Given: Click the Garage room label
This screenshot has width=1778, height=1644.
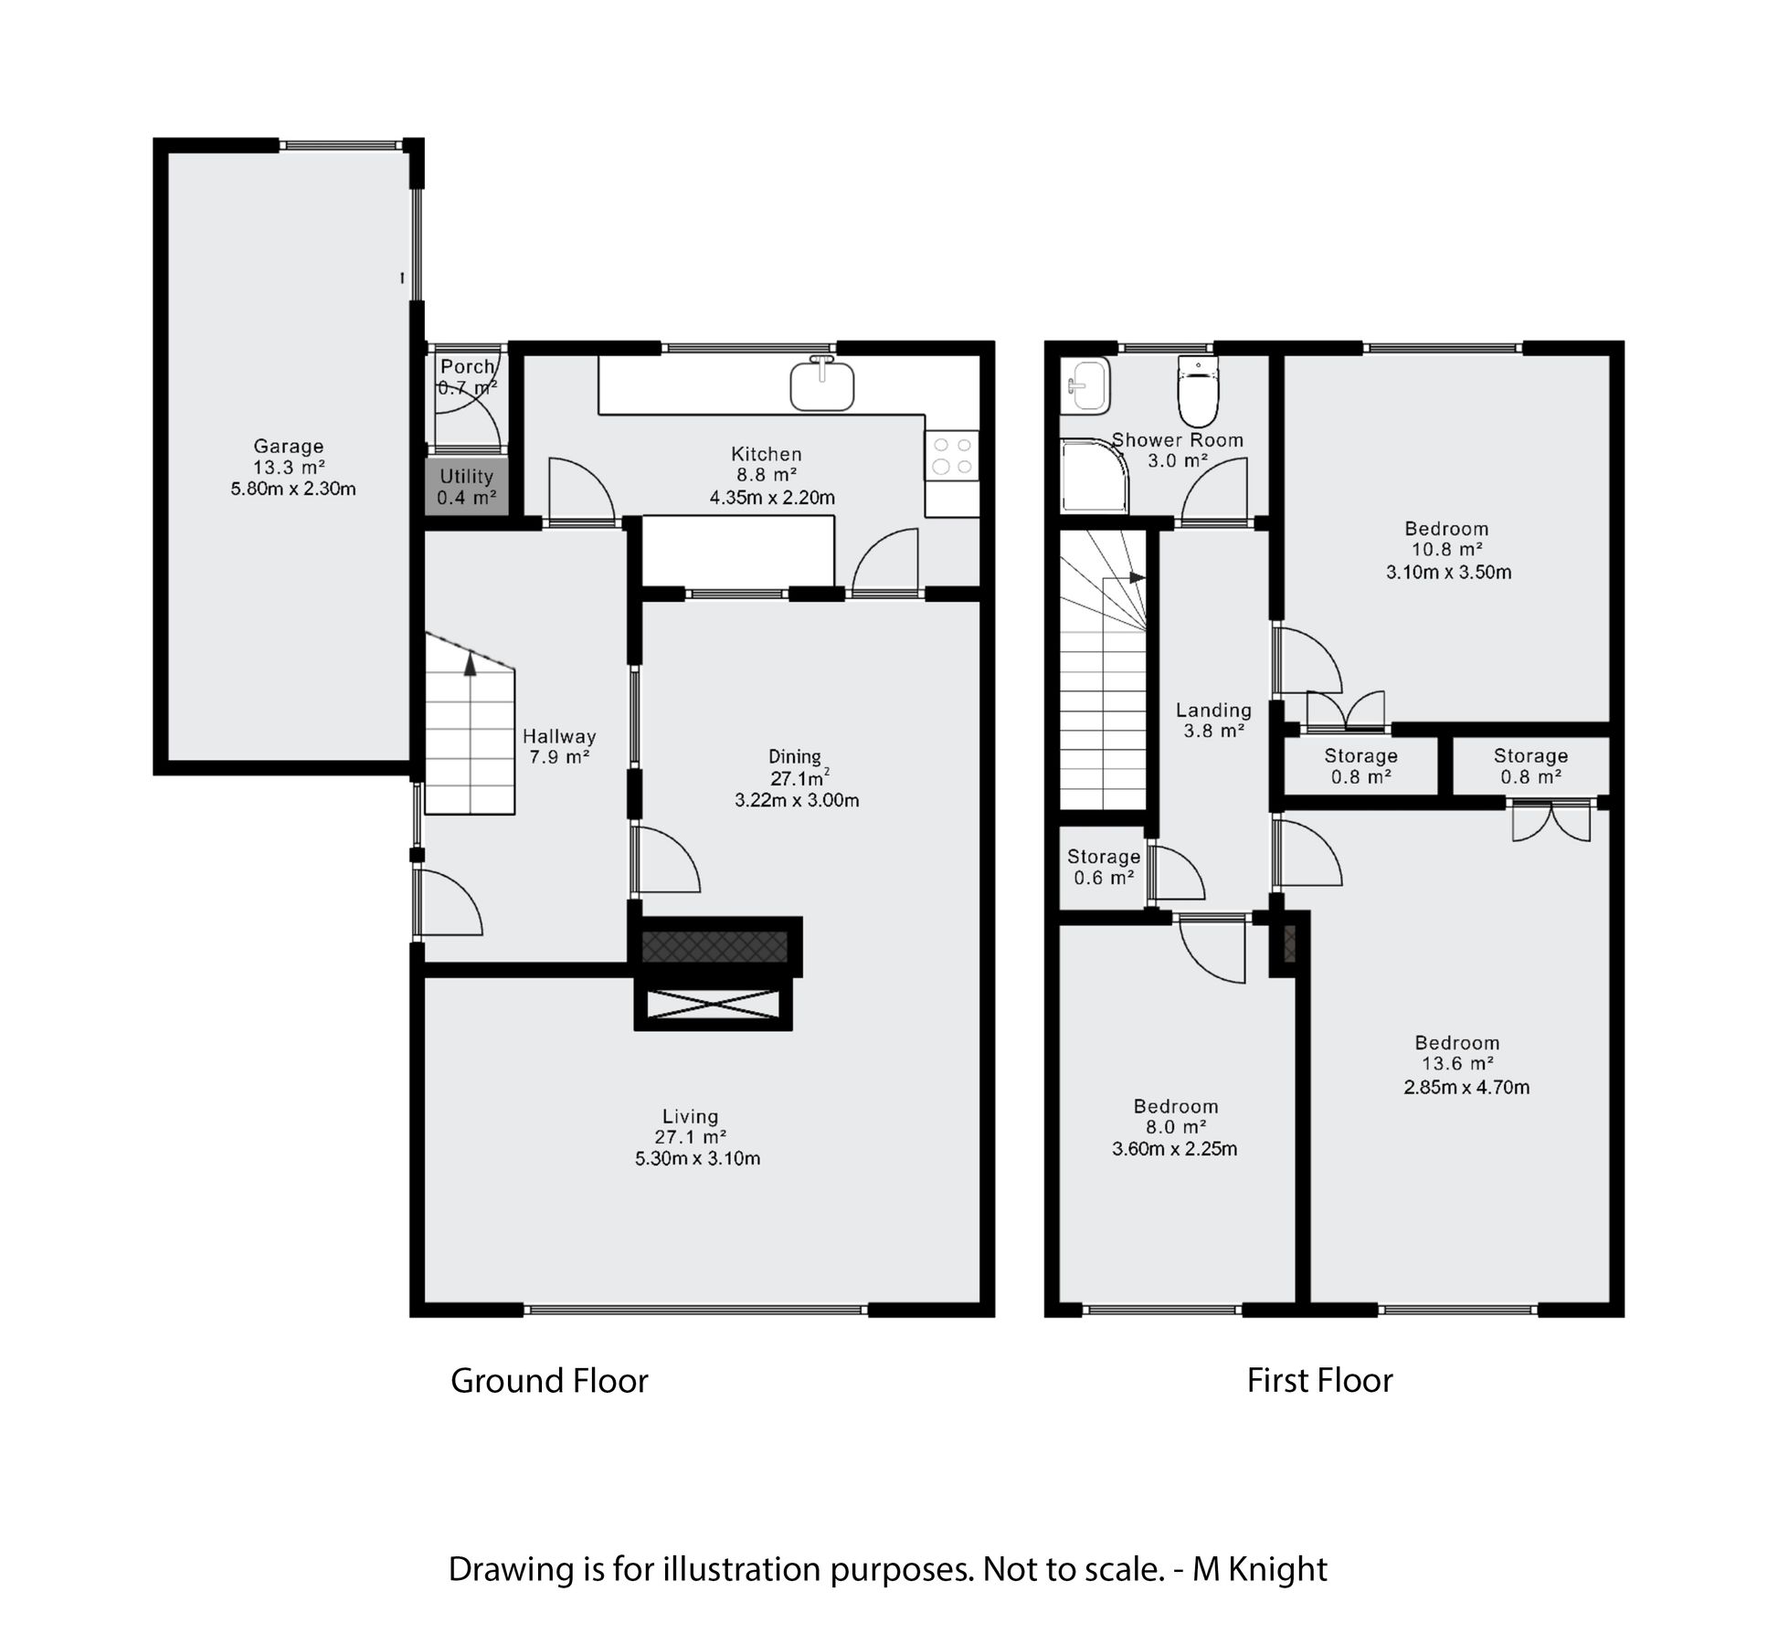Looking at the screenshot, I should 288,447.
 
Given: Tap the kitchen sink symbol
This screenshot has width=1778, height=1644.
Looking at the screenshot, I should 822,385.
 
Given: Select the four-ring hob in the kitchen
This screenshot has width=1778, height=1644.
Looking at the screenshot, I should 951,456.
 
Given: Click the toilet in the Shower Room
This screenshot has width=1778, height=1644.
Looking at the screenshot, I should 1199,391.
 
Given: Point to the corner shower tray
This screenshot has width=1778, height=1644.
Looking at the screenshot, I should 1092,475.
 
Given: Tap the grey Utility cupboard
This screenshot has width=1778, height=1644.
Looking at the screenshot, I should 466,488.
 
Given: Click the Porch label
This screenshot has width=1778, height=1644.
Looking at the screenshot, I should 467,366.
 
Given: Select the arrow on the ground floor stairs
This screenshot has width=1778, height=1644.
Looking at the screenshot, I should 470,665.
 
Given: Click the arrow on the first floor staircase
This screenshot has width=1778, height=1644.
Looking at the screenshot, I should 1136,577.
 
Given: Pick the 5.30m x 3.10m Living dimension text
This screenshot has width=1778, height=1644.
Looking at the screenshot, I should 697,1158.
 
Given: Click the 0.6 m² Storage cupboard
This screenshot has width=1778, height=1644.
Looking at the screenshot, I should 1103,868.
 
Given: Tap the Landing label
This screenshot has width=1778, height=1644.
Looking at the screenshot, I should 1213,710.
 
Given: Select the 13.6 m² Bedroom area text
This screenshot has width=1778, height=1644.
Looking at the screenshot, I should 1457,1063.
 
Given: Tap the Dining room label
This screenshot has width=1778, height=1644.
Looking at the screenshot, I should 794,756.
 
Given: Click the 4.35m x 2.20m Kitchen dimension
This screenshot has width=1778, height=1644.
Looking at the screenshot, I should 771,498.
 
